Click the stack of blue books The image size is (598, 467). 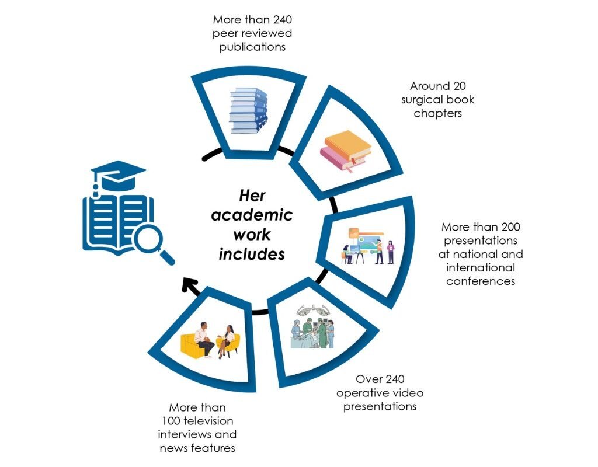[248, 110]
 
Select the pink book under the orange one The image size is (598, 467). [341, 159]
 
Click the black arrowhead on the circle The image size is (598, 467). [189, 285]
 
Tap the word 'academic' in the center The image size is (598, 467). [252, 215]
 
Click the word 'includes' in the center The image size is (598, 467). [252, 254]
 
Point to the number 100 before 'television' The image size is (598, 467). [171, 421]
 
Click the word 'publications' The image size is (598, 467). [252, 47]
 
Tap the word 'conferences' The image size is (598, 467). [481, 281]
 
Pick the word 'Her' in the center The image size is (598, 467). [252, 196]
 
